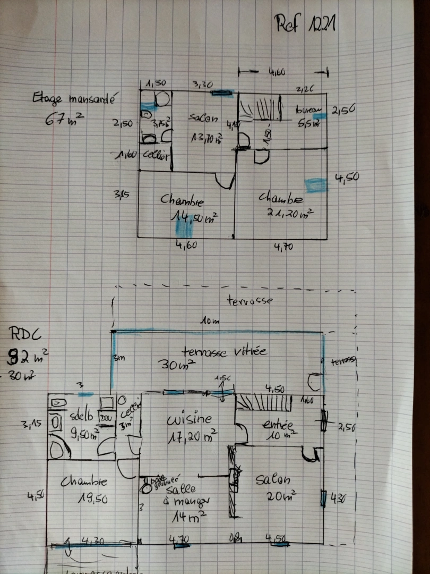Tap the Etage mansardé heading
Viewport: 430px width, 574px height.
point(74,98)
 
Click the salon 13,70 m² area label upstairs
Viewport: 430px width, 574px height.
point(207,138)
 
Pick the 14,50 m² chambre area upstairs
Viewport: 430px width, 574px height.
point(194,217)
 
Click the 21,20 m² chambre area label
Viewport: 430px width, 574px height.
point(290,213)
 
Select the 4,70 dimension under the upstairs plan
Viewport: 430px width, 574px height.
point(283,247)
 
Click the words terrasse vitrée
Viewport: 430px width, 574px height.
point(223,351)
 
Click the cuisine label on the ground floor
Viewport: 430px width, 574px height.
point(190,420)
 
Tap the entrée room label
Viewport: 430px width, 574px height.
point(277,425)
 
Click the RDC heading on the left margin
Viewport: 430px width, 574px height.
point(24,334)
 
